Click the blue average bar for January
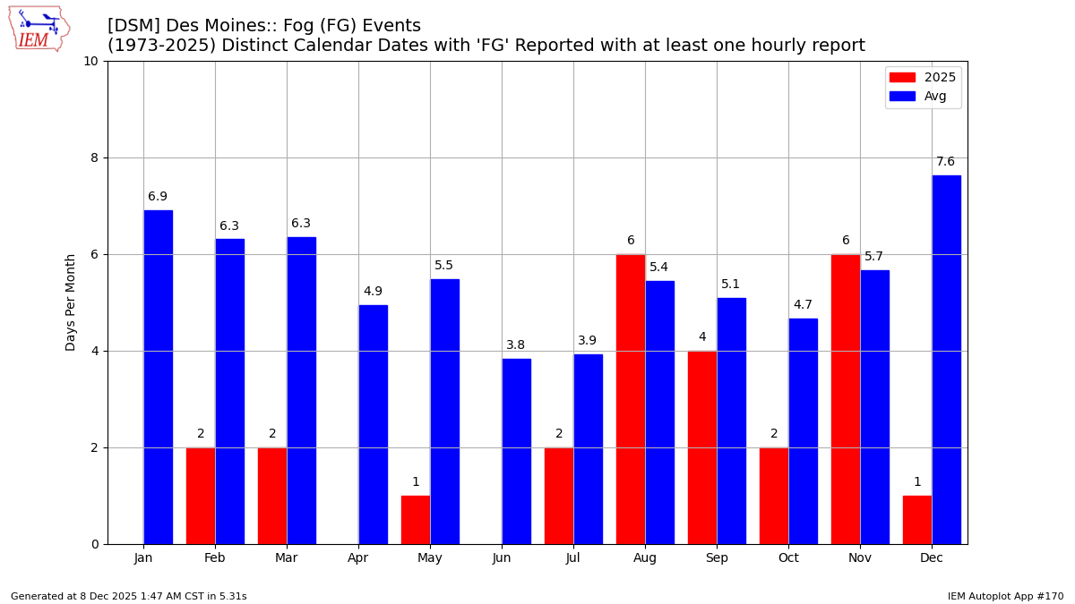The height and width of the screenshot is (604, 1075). [158, 377]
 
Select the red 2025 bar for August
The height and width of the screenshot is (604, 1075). [631, 399]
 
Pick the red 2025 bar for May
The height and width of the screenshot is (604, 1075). [416, 520]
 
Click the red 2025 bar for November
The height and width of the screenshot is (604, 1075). [846, 399]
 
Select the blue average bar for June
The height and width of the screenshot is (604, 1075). [516, 451]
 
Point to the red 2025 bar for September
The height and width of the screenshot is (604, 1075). [702, 447]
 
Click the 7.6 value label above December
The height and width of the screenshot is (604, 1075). [946, 162]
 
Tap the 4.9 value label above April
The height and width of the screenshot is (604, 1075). [373, 292]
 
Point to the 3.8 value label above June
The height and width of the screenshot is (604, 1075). [516, 345]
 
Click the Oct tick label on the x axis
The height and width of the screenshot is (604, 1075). [788, 558]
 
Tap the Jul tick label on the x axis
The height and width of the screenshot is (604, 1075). [573, 558]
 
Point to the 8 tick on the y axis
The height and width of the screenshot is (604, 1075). [94, 157]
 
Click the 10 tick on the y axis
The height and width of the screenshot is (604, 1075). [90, 61]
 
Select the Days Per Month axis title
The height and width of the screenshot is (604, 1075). [71, 302]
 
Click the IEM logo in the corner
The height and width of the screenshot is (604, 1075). [39, 29]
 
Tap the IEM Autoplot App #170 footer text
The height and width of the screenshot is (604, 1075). [1005, 597]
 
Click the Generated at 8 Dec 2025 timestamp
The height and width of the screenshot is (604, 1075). [128, 597]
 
